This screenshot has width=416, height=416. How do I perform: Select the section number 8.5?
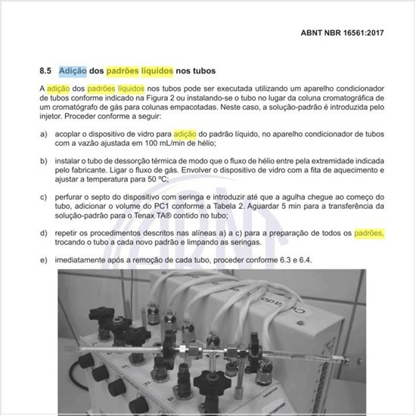coord(45,70)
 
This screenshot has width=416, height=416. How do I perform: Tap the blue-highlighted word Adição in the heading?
coord(72,70)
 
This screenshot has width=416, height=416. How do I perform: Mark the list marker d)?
coord(43,233)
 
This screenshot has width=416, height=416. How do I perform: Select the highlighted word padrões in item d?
coord(369,233)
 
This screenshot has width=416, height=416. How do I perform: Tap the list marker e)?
coord(43,260)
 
